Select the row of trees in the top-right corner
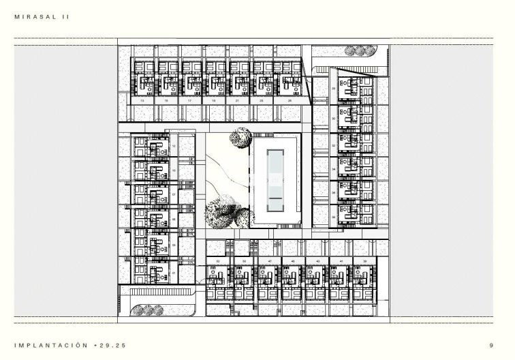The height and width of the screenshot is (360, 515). tap(359, 50)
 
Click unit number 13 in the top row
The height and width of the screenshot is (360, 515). tap(142, 100)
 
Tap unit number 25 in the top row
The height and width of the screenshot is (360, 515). tap(290, 100)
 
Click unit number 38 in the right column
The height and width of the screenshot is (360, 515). tap(333, 217)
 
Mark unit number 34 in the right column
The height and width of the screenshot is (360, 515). tap(333, 192)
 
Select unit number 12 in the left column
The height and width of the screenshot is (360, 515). tap(174, 146)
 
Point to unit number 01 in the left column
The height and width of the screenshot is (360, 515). tap(174, 273)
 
